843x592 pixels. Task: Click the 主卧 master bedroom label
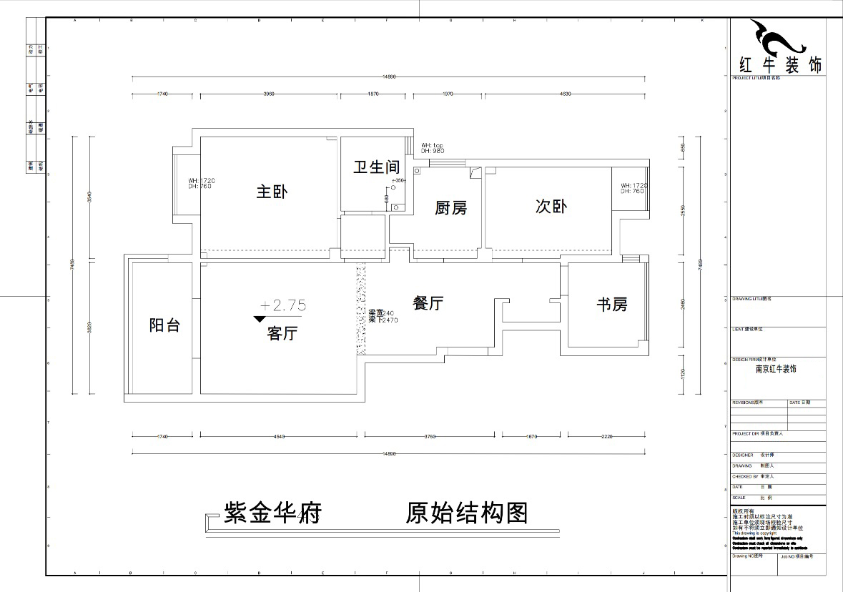click(272, 192)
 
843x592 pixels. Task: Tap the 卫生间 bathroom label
click(376, 167)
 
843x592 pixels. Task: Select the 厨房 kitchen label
click(450, 208)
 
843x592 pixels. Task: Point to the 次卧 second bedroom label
click(551, 206)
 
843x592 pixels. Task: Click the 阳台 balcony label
click(164, 325)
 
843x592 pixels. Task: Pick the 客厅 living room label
click(282, 333)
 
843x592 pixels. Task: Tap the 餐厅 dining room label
click(428, 303)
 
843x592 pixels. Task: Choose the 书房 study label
click(612, 305)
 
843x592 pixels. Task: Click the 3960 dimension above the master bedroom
click(269, 94)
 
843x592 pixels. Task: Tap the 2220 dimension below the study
click(606, 435)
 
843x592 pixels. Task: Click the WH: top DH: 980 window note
click(433, 148)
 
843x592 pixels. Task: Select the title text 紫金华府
click(272, 513)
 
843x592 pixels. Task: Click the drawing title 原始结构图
click(467, 513)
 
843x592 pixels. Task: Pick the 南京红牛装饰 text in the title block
click(776, 369)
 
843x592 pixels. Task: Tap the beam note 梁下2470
click(383, 320)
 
